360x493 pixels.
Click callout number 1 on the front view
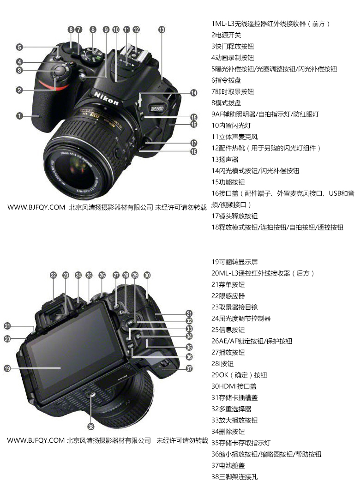tap(20, 116)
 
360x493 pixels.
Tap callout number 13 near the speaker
tap(162, 30)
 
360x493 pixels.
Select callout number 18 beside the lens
tap(194, 151)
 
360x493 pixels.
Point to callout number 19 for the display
tap(7, 368)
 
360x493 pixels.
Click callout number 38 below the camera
tap(91, 427)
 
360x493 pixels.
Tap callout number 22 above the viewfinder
tap(53, 275)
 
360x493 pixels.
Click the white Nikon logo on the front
tap(107, 97)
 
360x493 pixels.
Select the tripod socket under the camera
tap(90, 393)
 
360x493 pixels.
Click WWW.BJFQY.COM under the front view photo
tap(36, 207)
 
